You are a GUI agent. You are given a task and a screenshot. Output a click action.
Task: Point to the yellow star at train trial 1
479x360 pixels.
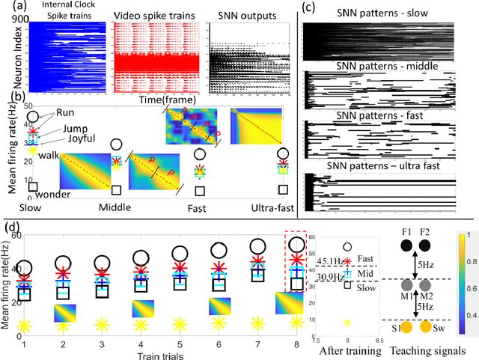(x=24, y=326)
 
